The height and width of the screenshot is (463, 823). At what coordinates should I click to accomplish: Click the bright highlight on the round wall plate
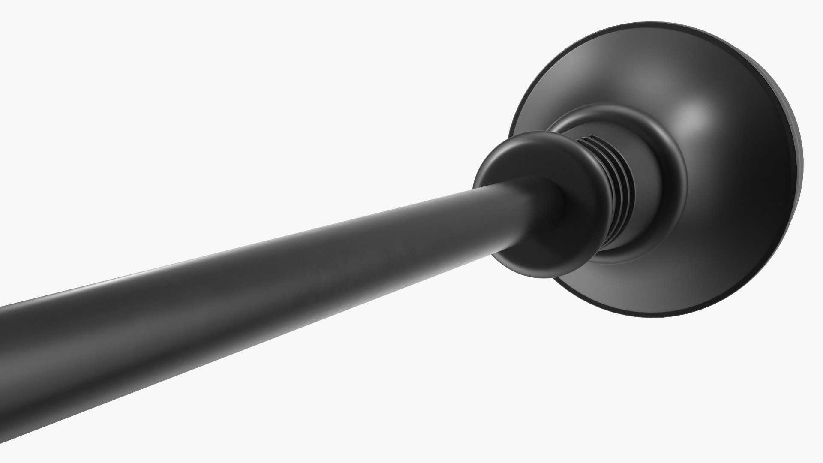pos(697,116)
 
